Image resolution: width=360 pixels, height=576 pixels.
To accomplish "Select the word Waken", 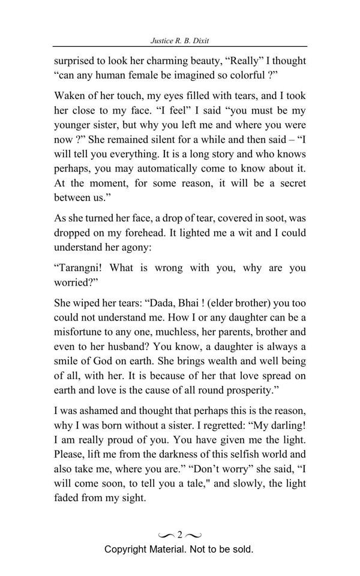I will click(69, 96).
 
